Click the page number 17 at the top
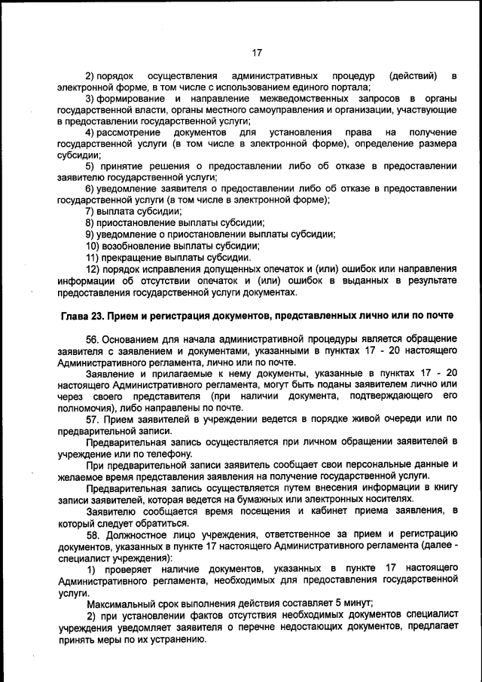256,53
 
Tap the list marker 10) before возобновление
93,245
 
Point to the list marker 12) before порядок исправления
93,268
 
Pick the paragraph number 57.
93,418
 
